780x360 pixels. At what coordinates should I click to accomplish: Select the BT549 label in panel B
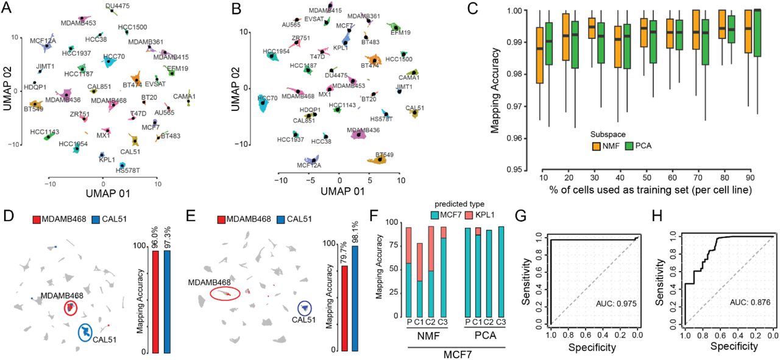point(385,155)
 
